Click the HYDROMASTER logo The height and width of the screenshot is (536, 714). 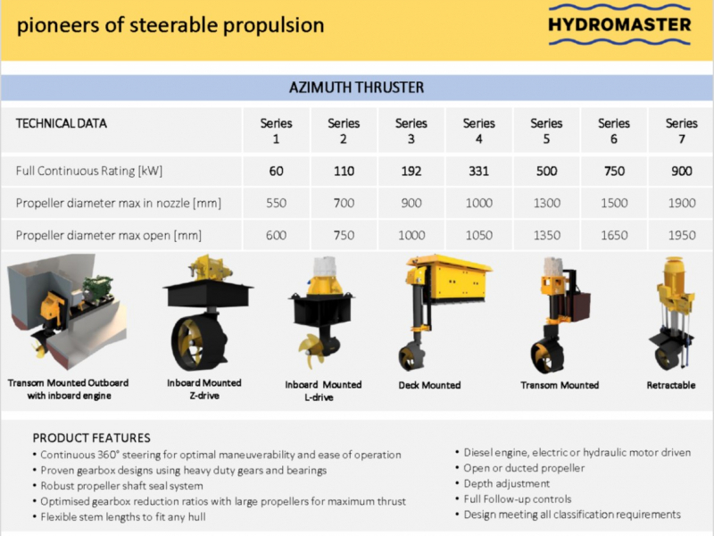[x=619, y=25]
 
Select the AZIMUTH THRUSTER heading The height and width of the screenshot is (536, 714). [x=356, y=87]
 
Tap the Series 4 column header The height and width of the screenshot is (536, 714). [x=479, y=130]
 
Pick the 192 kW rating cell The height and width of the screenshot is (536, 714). [x=411, y=171]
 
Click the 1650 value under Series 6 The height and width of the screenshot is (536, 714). [x=614, y=235]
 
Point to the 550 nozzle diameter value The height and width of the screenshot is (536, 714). [x=277, y=203]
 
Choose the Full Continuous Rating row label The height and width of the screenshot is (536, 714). [x=89, y=171]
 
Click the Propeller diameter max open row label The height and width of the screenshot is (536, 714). [x=109, y=235]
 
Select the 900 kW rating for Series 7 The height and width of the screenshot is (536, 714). [x=682, y=171]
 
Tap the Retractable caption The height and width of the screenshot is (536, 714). [x=671, y=385]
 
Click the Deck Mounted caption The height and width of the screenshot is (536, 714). [x=429, y=385]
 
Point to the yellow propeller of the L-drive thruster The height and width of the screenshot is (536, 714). [x=311, y=349]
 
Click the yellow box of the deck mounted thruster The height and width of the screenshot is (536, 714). [x=458, y=279]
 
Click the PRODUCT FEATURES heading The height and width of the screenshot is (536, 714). [x=92, y=438]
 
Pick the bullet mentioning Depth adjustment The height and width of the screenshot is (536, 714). [x=502, y=483]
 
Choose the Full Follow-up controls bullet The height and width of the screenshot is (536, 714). [x=513, y=499]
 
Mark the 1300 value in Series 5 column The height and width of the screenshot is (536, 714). [x=547, y=203]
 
